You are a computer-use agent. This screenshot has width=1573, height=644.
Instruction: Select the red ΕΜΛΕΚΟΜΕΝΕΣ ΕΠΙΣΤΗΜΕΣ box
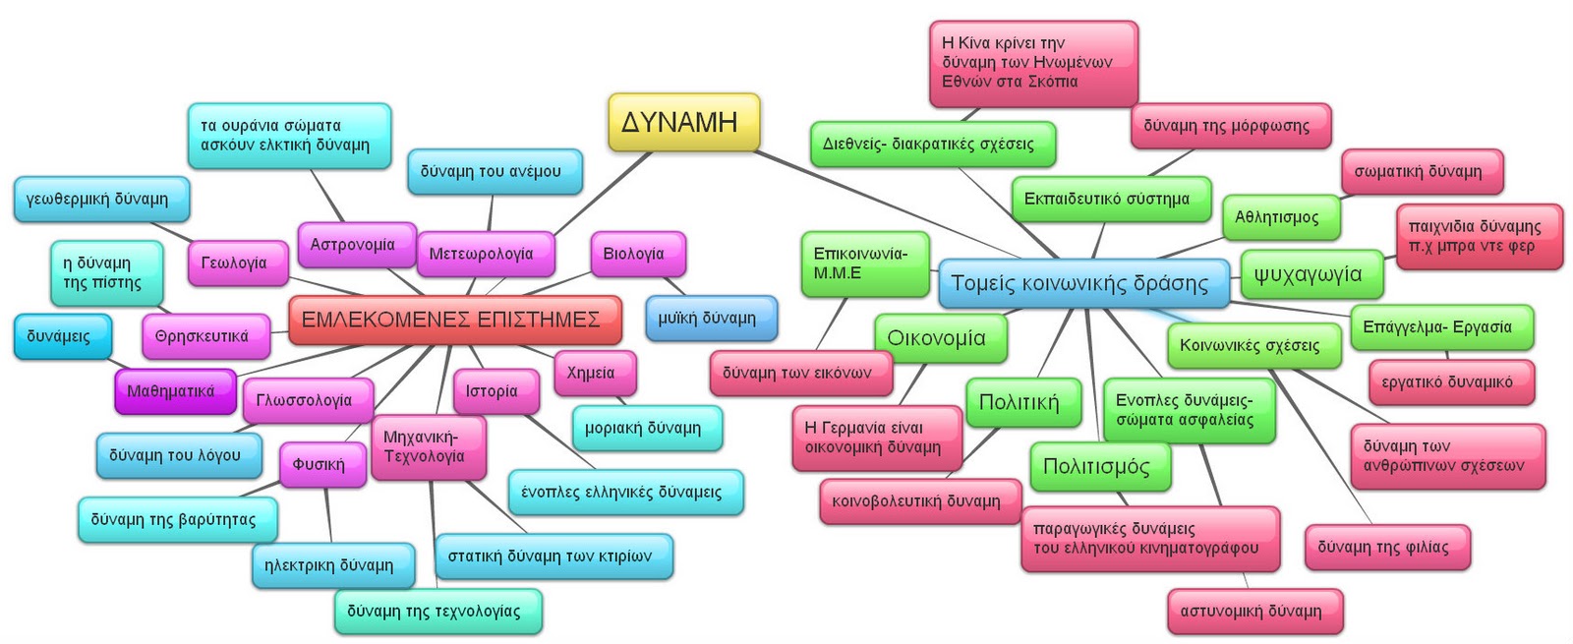tap(453, 320)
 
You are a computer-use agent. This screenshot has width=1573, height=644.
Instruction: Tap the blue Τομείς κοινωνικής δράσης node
tap(1080, 283)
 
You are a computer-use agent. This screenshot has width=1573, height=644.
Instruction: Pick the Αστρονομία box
tap(353, 245)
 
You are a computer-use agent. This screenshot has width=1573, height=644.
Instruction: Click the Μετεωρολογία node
tap(482, 254)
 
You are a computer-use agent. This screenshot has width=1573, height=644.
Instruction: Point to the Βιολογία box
tap(635, 254)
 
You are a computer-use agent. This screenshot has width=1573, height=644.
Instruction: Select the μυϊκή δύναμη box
tap(709, 319)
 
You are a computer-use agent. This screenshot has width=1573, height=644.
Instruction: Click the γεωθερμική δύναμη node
tap(98, 199)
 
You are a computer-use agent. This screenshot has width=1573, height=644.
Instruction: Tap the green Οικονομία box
tap(937, 337)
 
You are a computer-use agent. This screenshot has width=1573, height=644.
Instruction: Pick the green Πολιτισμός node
tap(1097, 466)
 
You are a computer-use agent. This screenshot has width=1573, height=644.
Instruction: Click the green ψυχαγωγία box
tap(1309, 273)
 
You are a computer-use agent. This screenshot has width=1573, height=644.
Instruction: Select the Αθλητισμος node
tap(1278, 217)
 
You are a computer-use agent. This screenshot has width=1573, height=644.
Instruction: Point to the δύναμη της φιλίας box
tap(1384, 547)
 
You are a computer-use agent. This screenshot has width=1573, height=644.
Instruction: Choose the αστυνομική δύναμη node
tap(1252, 611)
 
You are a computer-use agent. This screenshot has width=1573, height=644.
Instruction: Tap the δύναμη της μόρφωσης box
tap(1227, 126)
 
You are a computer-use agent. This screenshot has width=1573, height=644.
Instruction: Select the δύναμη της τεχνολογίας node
tap(435, 611)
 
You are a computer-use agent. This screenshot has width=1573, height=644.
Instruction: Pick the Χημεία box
tap(592, 373)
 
